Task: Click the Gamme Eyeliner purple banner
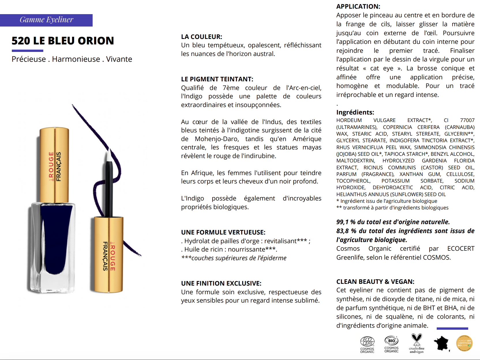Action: coord(46,20)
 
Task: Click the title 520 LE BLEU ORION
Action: coord(63,41)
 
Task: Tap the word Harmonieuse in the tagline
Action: coord(76,59)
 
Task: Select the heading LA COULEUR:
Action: coord(201,37)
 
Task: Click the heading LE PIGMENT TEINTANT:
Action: coord(217,79)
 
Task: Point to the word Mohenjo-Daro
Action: coord(217,139)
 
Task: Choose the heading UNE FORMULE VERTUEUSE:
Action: coord(223,232)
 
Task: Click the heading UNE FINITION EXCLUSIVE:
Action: coord(221,283)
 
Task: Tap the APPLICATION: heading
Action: coord(358,6)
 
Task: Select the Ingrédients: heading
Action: coord(355,112)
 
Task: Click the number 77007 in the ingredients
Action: coord(467,120)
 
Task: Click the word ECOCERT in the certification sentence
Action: coord(461,248)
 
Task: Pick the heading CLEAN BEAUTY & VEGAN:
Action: coord(375,282)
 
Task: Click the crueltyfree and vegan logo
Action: coord(417,343)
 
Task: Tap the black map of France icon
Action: coord(442,343)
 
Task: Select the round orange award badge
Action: coord(464,343)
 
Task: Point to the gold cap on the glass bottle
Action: coord(54,164)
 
